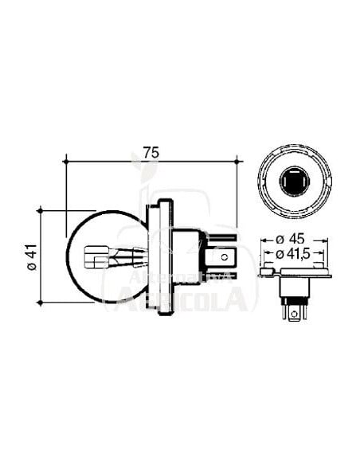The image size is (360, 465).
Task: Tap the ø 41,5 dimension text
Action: (x=295, y=253)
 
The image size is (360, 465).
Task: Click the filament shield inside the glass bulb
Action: (x=99, y=257)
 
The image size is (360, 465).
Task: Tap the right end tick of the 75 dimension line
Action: (x=237, y=161)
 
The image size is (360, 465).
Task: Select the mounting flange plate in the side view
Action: (x=163, y=256)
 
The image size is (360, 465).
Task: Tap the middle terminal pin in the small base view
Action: (x=295, y=312)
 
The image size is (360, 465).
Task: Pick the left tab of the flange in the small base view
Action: (x=266, y=275)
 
